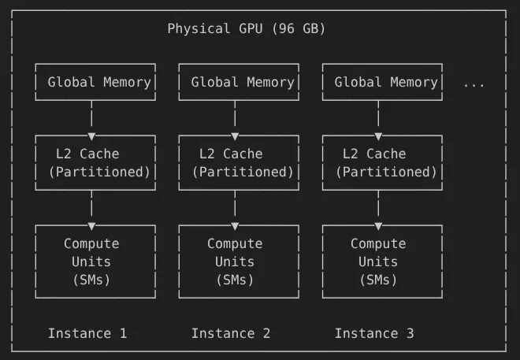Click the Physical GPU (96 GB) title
[246, 29]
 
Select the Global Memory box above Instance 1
[95, 82]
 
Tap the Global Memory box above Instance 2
[239, 82]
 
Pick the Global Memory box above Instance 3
[382, 82]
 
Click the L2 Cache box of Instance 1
[95, 162]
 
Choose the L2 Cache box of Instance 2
[239, 162]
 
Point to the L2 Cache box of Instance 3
[382, 162]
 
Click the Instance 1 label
[87, 333]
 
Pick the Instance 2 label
[231, 333]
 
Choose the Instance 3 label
[374, 333]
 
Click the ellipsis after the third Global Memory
[474, 83]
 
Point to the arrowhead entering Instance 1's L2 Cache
[91, 136]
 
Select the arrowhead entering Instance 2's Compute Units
[235, 226]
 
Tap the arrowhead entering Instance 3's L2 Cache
[378, 136]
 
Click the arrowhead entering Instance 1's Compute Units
[91, 226]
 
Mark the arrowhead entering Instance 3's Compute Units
[378, 226]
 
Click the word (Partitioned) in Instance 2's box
[243, 172]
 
